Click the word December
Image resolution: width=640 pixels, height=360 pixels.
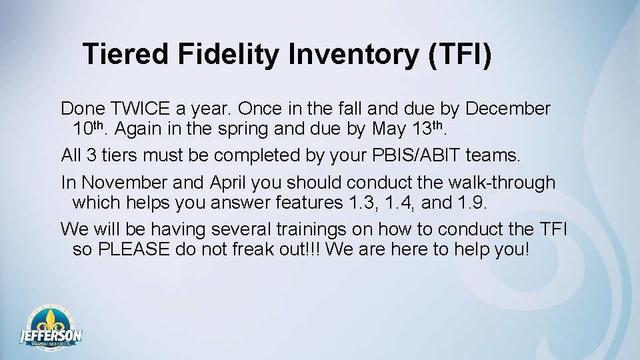pos(508,109)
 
